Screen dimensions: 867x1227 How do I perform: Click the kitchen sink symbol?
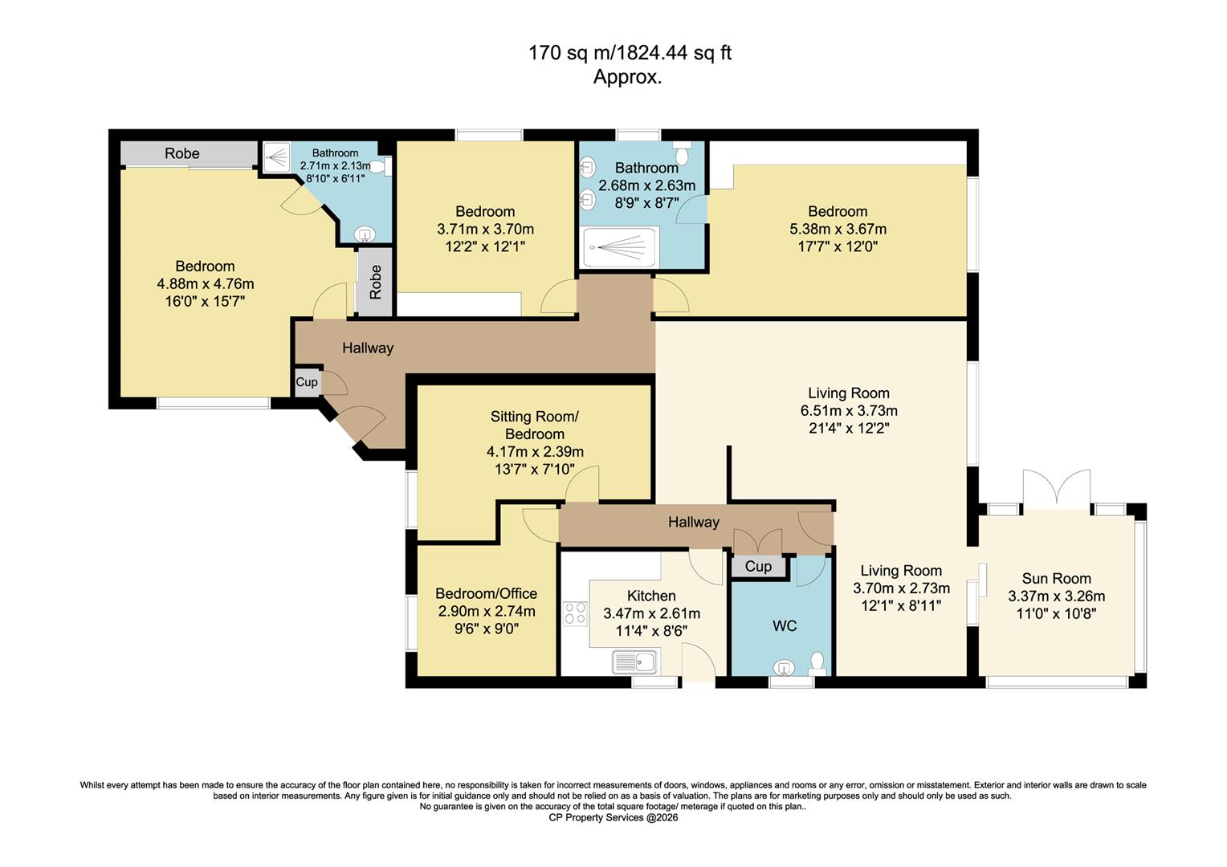coord(634,662)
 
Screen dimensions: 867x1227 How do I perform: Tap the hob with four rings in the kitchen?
coord(575,613)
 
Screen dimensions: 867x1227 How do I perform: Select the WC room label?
coord(785,626)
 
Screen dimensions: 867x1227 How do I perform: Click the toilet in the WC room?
coord(817,662)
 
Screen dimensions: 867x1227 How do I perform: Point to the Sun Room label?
coord(1056,579)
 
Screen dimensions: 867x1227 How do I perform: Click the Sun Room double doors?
coord(1056,490)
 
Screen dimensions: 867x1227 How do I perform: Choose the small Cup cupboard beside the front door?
coord(307,382)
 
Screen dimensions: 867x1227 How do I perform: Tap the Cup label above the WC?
coord(758,567)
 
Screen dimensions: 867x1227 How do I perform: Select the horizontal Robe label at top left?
coord(182,153)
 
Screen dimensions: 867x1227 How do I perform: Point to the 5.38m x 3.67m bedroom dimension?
coord(838,229)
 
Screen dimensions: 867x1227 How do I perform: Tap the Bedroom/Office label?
coord(486,594)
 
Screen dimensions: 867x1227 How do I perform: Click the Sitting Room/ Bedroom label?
coord(534,425)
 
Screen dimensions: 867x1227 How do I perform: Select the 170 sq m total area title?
coord(630,54)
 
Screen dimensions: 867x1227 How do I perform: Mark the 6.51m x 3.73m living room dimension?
coord(849,411)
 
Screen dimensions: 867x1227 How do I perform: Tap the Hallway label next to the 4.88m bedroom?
coord(368,348)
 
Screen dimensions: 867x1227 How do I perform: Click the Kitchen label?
coord(651,596)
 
